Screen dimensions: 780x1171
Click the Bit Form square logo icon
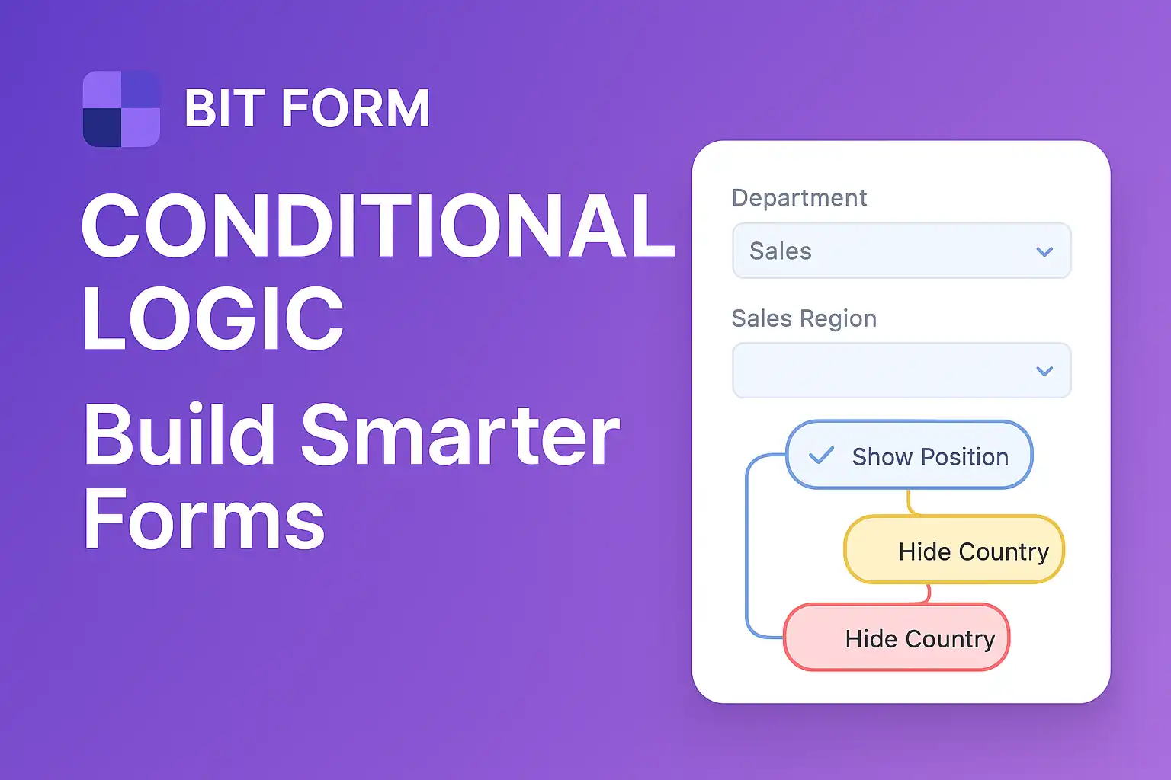121,109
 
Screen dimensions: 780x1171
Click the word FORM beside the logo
355,109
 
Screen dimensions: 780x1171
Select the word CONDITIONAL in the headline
377,226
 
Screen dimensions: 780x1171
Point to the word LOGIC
213,319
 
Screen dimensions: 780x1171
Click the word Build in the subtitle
179,435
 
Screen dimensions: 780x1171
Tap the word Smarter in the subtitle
460,435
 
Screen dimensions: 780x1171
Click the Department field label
799,198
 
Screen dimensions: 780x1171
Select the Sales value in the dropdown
781,251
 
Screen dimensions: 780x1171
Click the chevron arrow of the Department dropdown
1044,251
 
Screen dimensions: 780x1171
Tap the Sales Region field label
804,318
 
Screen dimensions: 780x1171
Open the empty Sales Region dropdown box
877,371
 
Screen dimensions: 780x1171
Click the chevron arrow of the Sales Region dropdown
1044,371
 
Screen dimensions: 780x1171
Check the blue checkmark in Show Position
821,456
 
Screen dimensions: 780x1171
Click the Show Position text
930,457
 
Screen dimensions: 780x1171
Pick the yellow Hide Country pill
954,550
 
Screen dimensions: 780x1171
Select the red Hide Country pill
897,638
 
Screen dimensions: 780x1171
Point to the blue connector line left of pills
747,548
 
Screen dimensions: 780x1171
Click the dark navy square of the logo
102,127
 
